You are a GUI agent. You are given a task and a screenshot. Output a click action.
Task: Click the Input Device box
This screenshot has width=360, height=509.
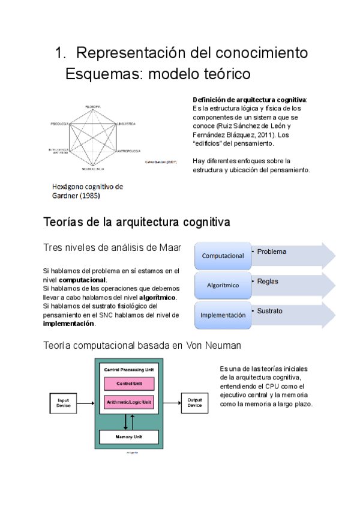point(64,402)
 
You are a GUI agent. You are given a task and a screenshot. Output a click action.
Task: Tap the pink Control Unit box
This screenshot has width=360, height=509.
point(129,383)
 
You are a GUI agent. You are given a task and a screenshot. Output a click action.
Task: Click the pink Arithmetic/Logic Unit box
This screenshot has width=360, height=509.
point(129,401)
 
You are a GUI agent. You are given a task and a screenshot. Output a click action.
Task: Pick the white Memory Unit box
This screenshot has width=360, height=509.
point(129,437)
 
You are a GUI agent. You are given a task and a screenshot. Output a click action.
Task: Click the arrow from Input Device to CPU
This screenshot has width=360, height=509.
point(86,402)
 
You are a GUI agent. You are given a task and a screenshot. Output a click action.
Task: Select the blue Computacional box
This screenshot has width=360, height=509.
point(223,256)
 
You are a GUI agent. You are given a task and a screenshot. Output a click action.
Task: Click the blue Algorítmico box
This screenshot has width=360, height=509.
point(223,285)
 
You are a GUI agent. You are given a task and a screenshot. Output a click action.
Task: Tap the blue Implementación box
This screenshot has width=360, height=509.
point(223,315)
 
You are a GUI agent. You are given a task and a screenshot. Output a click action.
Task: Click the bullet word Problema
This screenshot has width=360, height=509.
point(272,251)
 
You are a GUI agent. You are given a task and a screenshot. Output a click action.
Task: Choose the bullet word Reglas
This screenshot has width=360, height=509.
point(268,281)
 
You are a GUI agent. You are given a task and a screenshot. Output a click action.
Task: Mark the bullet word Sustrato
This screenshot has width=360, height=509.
point(269,311)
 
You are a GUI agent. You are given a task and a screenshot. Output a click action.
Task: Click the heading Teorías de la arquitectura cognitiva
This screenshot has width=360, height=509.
point(137,223)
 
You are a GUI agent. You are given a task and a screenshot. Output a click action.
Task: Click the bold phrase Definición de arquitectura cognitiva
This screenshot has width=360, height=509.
point(249,99)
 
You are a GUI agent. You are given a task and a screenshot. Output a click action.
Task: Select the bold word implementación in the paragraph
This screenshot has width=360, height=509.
point(69,324)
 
